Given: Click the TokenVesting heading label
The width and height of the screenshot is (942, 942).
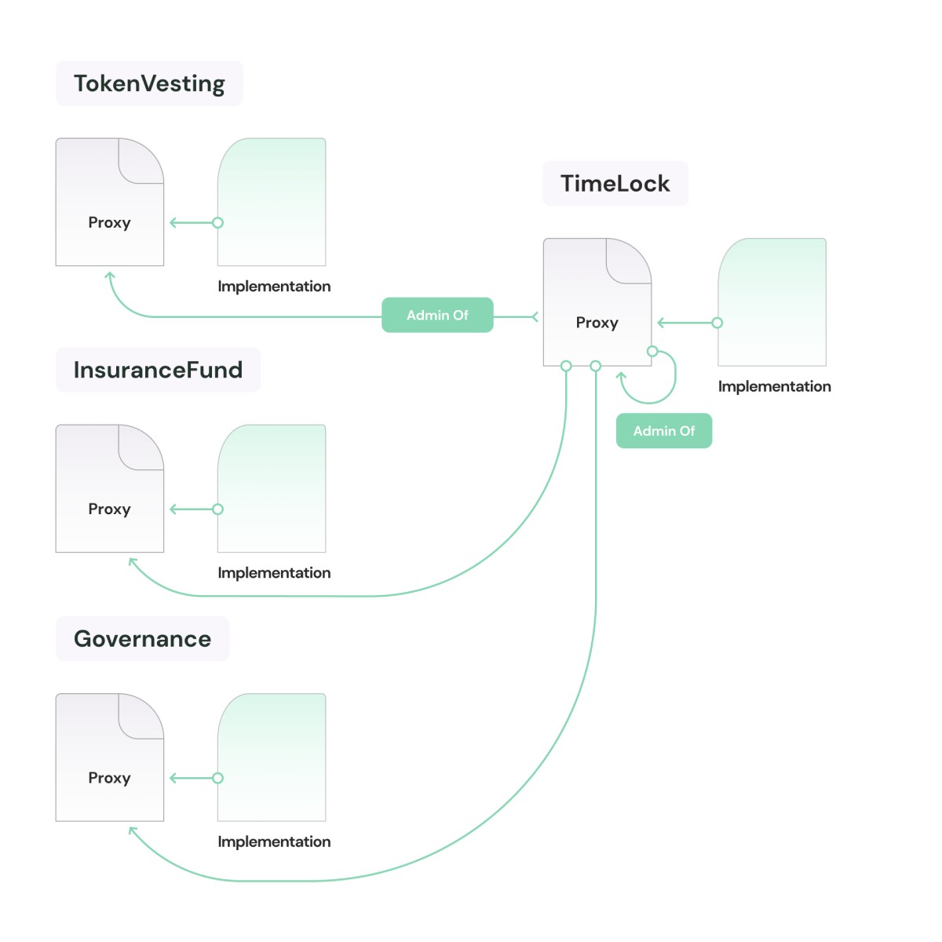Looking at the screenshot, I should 149,83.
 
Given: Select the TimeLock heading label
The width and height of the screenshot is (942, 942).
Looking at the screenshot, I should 615,183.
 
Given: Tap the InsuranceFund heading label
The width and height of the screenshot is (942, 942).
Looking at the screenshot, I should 158,370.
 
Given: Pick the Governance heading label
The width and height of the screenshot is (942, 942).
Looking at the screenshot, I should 142,638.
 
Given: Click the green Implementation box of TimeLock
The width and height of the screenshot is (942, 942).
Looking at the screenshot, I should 772,301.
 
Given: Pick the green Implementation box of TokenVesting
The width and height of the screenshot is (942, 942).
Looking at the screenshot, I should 272,202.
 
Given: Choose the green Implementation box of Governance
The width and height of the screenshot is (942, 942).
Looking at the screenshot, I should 272,757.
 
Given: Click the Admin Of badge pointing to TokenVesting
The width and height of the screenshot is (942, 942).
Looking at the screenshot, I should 437,315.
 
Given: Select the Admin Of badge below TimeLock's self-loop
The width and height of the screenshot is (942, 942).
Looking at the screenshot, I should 664,431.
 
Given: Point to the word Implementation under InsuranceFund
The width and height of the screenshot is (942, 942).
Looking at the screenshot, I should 274,573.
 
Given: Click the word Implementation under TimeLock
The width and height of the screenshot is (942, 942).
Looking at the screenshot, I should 774,386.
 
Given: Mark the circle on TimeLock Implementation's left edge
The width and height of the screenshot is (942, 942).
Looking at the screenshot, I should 717,323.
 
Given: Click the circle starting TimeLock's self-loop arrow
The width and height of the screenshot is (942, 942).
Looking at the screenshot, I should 652,351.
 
